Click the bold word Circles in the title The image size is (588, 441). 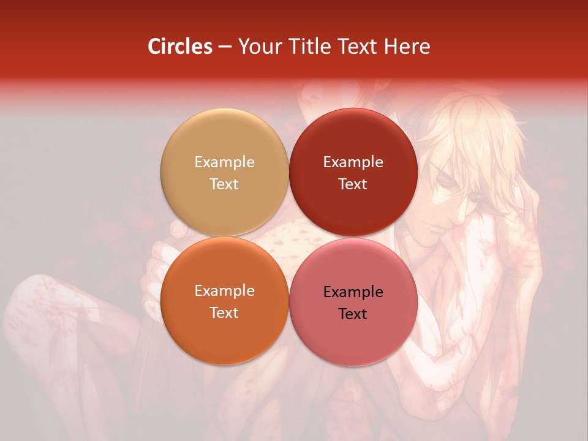pos(179,47)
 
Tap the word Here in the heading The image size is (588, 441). pos(407,47)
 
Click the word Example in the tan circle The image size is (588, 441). pos(224,162)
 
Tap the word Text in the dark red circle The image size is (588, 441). pos(353,184)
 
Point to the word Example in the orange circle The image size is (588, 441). pos(224,291)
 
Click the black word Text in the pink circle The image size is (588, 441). pos(353,314)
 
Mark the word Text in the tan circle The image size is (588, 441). pos(224,184)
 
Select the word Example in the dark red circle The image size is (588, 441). pos(353,162)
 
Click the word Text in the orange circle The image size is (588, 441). pos(224,313)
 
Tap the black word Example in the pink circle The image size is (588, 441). pos(353,292)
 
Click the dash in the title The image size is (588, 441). pos(225,47)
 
